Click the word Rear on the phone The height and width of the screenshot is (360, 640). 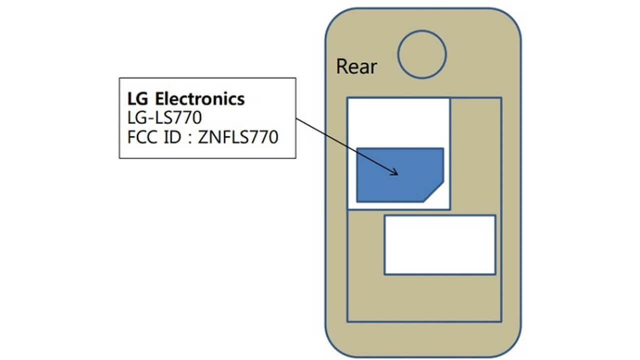[356, 66]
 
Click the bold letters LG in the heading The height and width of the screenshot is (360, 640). [136, 98]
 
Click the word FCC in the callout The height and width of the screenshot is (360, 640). [142, 137]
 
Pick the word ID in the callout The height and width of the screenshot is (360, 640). [171, 137]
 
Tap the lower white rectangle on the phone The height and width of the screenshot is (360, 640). [439, 244]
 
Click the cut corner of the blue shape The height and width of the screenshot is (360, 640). [433, 191]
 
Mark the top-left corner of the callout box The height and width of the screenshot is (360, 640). [119, 78]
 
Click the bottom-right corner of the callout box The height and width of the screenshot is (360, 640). [295, 158]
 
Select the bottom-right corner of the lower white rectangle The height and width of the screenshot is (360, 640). [495, 274]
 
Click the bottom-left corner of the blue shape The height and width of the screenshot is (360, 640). [357, 201]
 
